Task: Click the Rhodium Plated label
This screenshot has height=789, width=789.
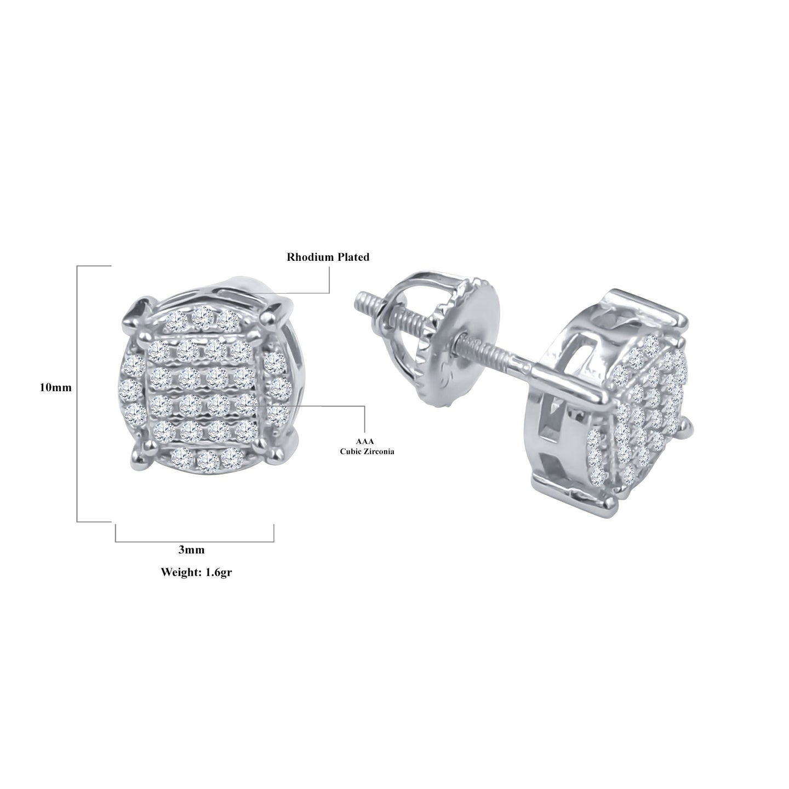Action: [328, 257]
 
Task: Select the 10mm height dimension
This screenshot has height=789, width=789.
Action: [55, 387]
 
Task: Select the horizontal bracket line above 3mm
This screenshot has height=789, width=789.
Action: [195, 541]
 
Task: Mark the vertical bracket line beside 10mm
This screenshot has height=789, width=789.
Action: [77, 393]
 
